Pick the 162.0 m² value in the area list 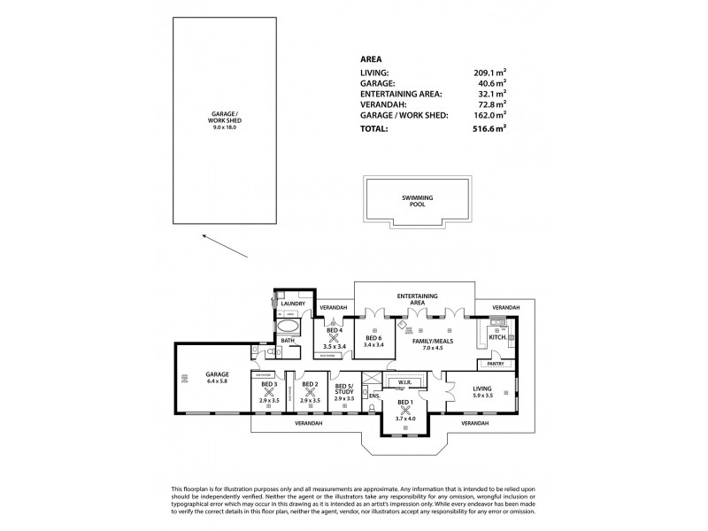489,115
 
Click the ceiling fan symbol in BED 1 404,412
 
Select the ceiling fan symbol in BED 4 334,338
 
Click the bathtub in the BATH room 291,325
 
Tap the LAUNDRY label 292,304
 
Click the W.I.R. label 407,383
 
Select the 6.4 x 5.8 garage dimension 217,381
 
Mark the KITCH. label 497,337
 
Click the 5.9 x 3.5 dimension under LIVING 482,394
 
